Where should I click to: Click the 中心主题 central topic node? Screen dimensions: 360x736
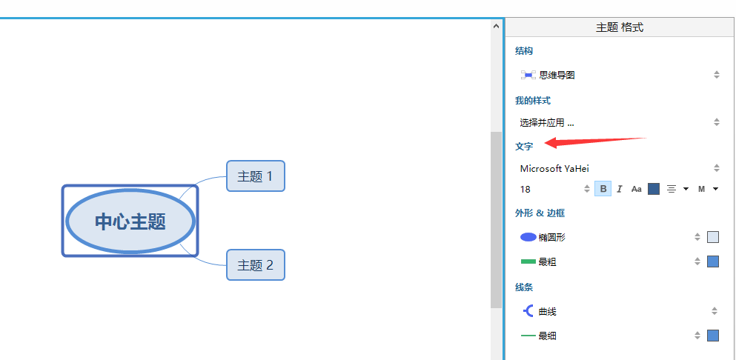tap(130, 221)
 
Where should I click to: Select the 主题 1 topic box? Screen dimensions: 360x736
tap(255, 176)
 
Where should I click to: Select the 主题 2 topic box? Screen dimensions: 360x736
tap(255, 265)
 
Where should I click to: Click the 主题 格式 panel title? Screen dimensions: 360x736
tap(620, 27)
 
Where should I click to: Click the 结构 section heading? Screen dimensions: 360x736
tap(524, 51)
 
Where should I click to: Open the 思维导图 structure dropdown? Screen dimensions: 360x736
tap(620, 75)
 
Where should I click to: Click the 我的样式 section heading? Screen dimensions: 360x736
tap(533, 100)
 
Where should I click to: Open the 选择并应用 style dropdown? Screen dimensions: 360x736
tap(620, 122)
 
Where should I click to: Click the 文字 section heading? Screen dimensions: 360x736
tap(524, 147)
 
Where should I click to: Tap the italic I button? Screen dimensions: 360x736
tap(620, 189)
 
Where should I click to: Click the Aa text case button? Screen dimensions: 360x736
tap(636, 189)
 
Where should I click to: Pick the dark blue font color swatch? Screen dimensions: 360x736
tap(654, 189)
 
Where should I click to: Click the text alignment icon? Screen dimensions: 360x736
tap(672, 189)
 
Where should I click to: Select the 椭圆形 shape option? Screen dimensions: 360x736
tap(552, 237)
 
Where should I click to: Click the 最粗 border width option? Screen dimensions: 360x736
tap(547, 261)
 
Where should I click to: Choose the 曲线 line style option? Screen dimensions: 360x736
tap(547, 311)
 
